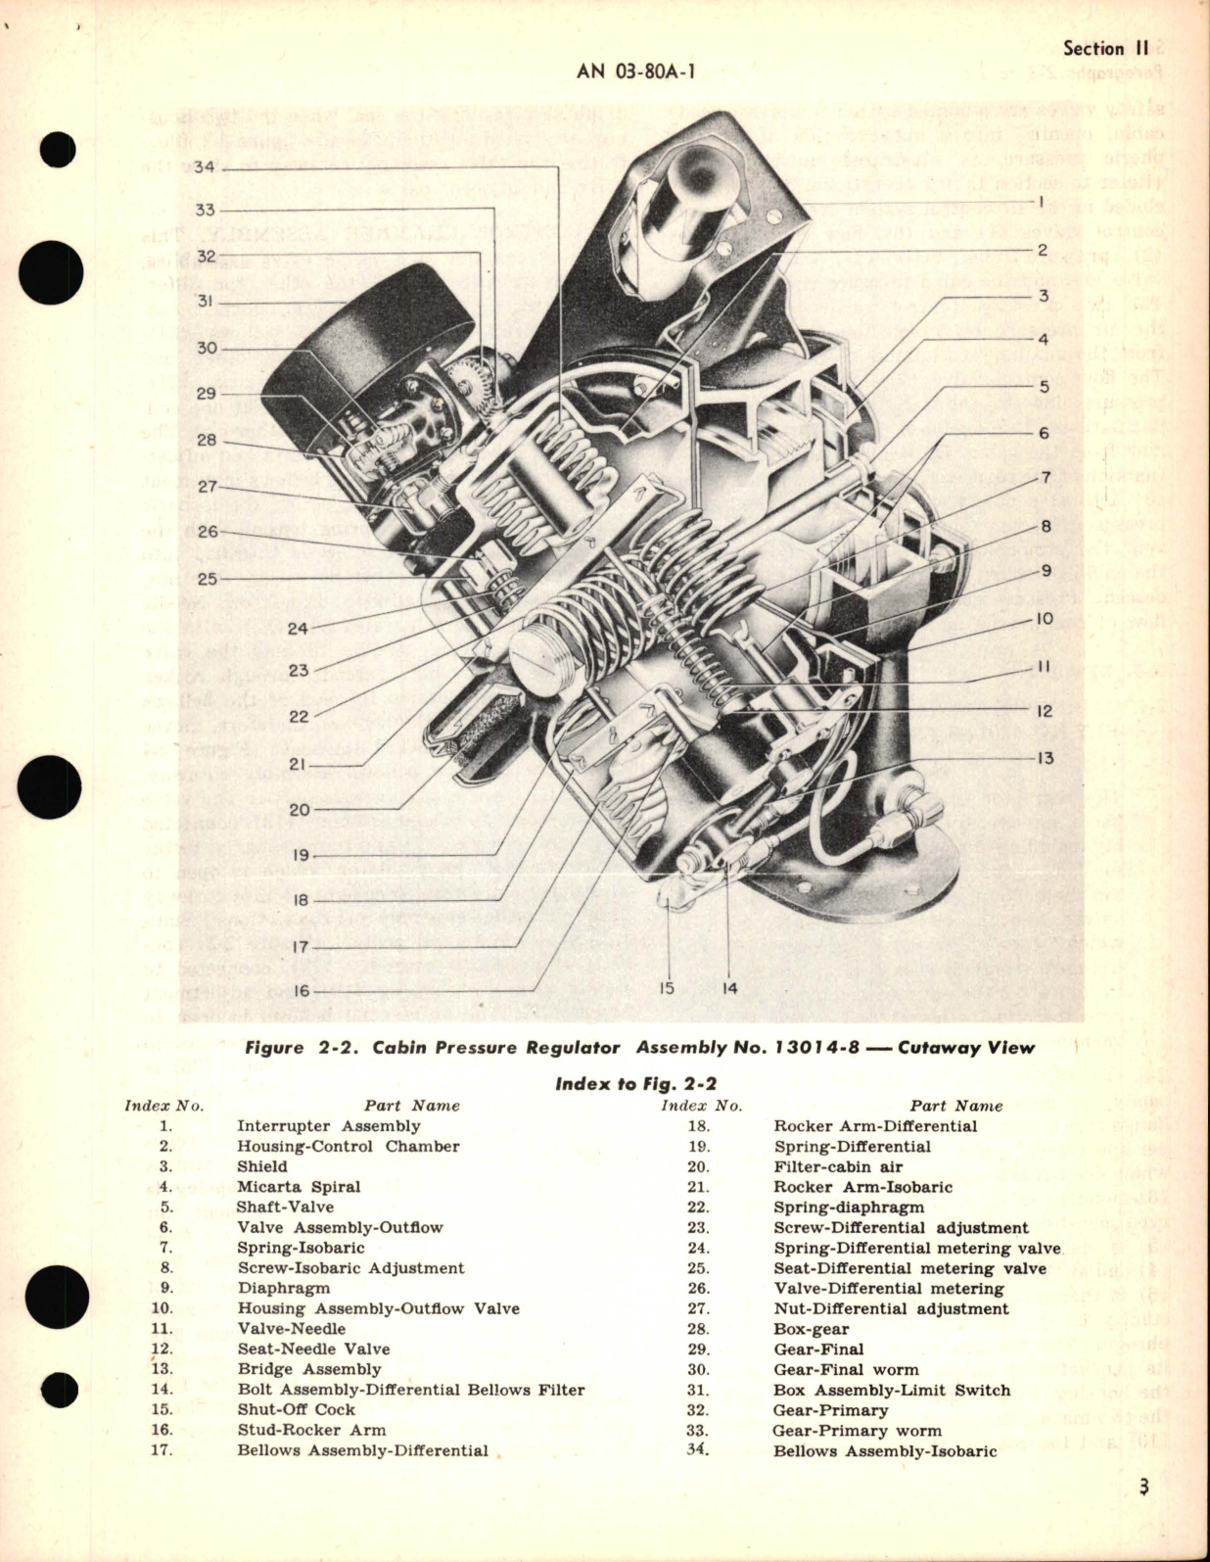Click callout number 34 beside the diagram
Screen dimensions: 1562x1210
[204, 167]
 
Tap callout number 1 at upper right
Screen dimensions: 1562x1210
[1043, 204]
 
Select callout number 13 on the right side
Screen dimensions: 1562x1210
[1047, 758]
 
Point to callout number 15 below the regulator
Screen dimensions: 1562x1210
[667, 988]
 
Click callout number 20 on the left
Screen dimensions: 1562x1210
[299, 810]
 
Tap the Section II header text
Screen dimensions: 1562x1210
[1107, 48]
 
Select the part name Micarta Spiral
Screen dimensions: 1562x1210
[299, 1187]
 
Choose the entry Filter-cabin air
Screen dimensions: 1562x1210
[838, 1167]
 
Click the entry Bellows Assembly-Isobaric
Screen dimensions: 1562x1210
[884, 1451]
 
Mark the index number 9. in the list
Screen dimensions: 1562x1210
[165, 1289]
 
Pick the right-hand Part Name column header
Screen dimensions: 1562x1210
[955, 1106]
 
